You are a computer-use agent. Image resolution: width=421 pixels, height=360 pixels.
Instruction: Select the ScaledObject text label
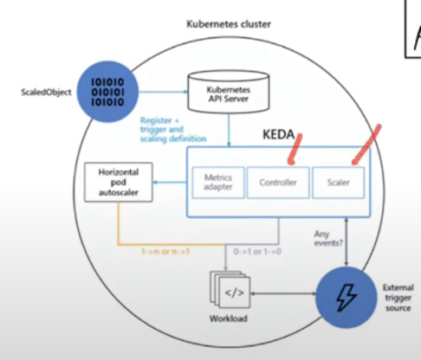(44, 89)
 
